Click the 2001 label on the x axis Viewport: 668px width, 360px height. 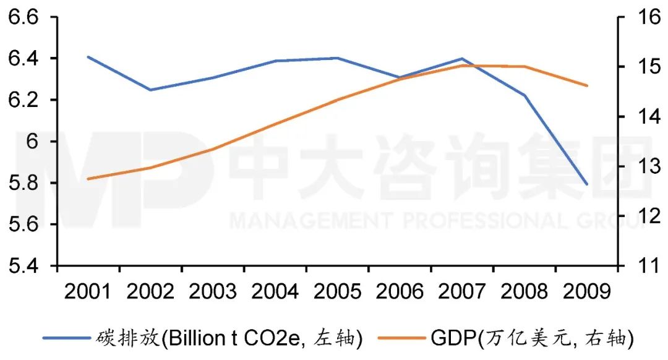tap(88, 291)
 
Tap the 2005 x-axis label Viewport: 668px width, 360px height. tap(337, 291)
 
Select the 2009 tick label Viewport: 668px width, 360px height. tap(586, 291)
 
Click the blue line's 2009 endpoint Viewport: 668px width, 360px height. tap(586, 184)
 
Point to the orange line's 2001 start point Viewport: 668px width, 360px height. tap(88, 179)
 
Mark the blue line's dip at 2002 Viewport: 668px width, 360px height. tap(150, 90)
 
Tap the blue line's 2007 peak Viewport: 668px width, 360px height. tap(461, 58)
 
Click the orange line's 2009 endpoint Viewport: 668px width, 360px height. tap(586, 85)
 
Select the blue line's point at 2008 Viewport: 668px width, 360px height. tap(524, 95)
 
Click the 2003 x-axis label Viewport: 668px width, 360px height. tap(213, 291)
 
